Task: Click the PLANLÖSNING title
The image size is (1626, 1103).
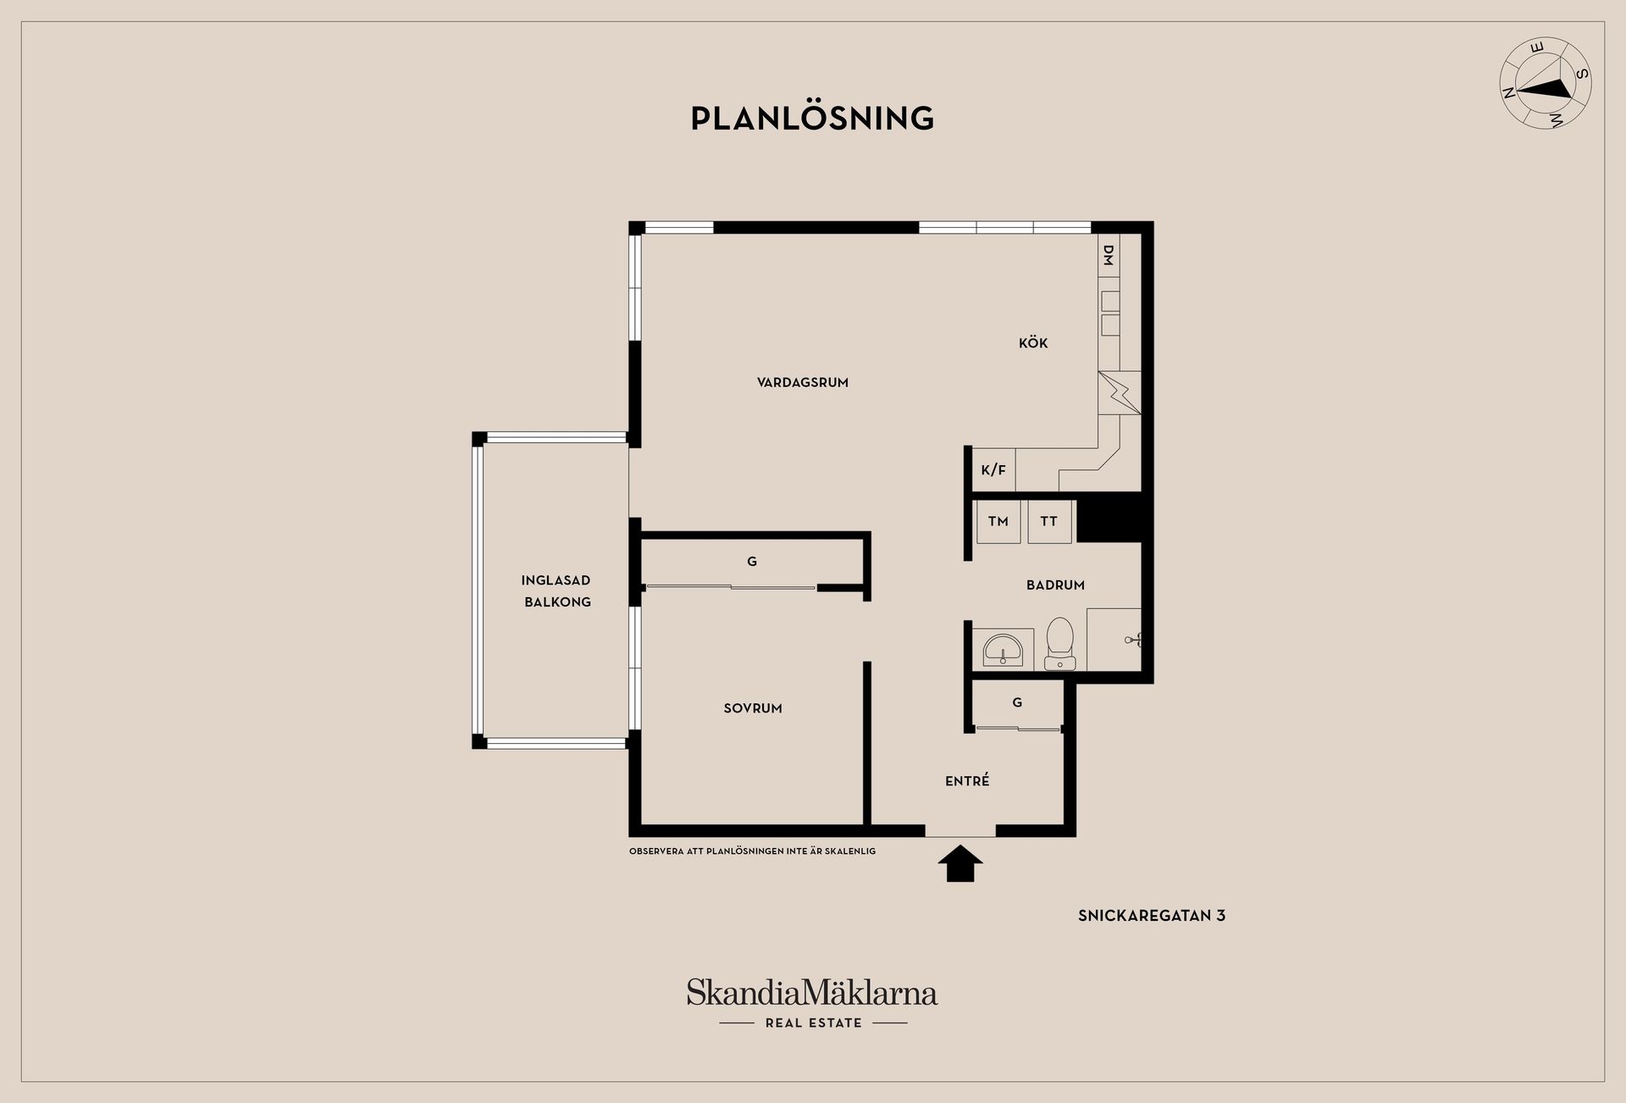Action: coord(812,119)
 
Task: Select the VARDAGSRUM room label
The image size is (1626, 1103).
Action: coord(803,382)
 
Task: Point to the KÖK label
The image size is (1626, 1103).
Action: coord(1033,342)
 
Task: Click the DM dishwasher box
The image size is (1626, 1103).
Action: coord(1109,255)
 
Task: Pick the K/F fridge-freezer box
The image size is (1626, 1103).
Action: coord(993,469)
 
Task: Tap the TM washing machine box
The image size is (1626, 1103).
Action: coord(998,521)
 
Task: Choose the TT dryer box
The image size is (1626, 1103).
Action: coord(1049,521)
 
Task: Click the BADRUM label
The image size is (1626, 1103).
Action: coord(1055,585)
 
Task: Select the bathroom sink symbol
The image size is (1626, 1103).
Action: coord(1004,650)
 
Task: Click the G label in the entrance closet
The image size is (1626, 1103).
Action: coord(1017,702)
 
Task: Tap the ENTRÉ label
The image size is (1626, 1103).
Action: coord(967,780)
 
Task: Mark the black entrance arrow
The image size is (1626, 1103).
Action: coord(960,863)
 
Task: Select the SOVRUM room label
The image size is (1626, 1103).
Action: coord(753,708)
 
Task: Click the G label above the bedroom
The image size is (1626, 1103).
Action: coord(752,561)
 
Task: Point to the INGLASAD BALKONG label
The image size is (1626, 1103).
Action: coord(556,591)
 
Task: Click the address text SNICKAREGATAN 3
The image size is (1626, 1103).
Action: coord(1152,915)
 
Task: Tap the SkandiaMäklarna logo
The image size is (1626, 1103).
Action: coord(812,1003)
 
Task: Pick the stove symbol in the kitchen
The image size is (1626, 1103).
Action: coord(1120,392)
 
